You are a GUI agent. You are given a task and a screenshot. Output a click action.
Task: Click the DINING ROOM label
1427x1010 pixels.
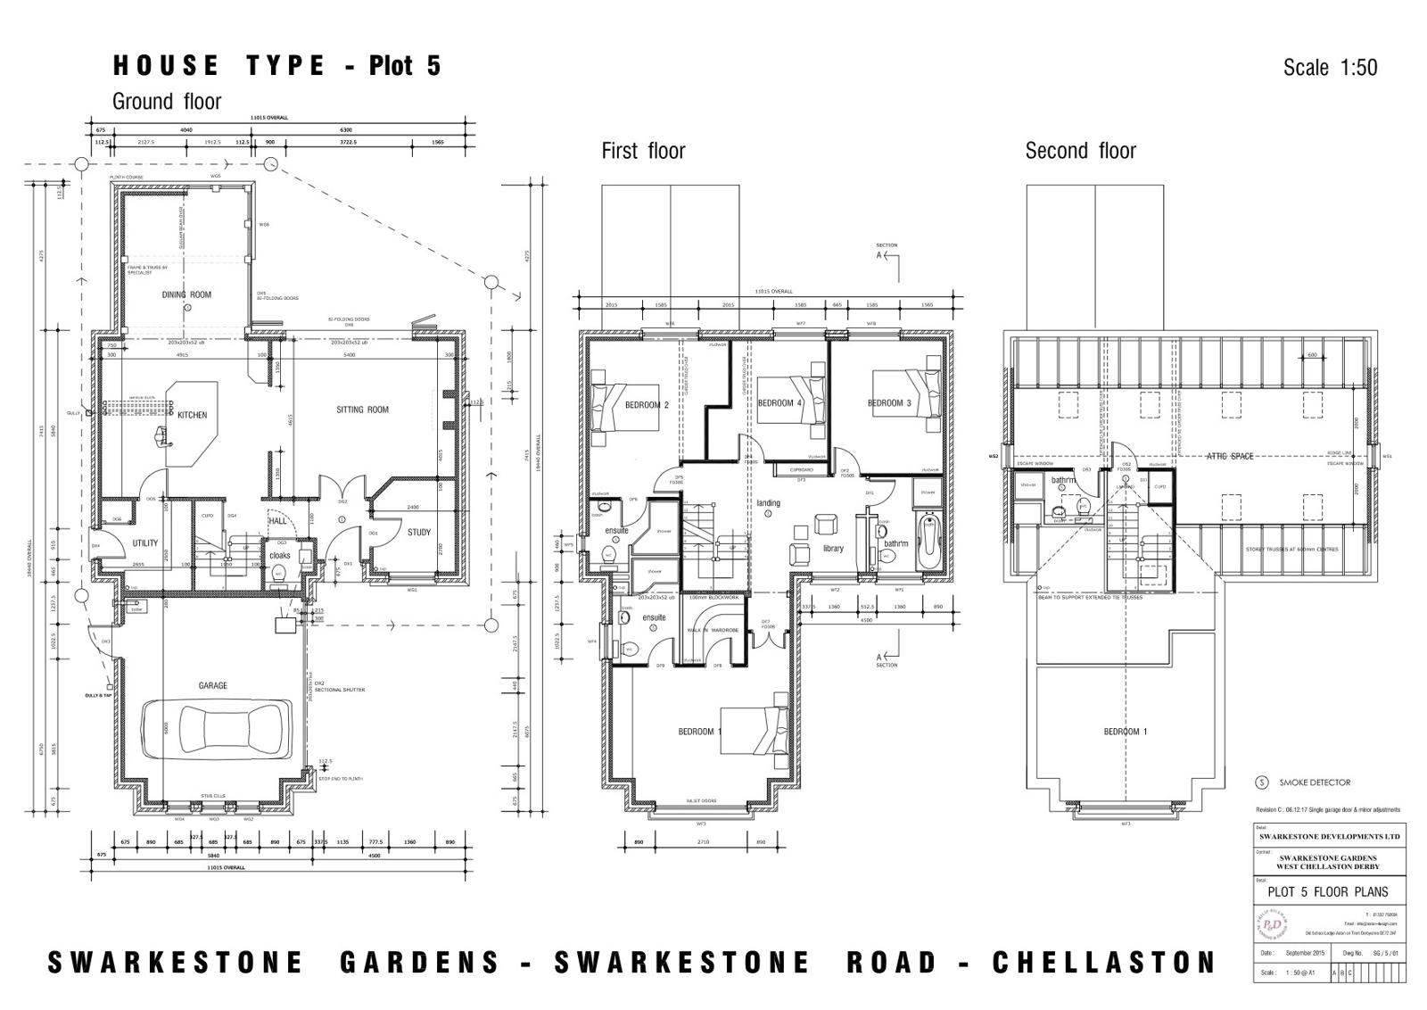[186, 294]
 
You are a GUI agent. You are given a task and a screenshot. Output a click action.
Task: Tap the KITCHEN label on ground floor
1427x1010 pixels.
[192, 415]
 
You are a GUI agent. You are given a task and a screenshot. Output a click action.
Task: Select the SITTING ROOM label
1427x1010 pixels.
[362, 410]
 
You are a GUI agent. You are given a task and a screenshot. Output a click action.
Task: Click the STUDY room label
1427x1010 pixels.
[419, 533]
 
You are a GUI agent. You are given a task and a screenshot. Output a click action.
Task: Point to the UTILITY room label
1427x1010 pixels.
[145, 542]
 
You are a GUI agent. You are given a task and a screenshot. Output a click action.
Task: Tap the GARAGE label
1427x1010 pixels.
[212, 685]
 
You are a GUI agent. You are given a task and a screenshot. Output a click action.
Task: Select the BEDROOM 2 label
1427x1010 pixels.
[647, 405]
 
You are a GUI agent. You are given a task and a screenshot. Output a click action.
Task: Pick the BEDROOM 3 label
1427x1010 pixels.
[889, 403]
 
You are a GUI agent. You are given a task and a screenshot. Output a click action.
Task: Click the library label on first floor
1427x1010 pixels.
[833, 548]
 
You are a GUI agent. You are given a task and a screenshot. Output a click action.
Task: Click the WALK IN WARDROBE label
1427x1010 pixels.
[712, 630]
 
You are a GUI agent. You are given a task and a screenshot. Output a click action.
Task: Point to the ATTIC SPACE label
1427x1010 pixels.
[1230, 456]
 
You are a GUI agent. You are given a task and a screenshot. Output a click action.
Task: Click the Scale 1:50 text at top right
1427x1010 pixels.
[1330, 68]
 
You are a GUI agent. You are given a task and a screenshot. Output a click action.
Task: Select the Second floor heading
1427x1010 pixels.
[1080, 151]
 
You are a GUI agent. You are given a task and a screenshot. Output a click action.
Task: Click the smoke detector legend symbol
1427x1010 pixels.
[1261, 782]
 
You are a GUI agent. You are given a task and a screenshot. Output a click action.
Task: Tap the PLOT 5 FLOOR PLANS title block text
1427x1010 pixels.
[1328, 891]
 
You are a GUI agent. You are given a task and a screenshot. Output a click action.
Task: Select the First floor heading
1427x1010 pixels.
[643, 151]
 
